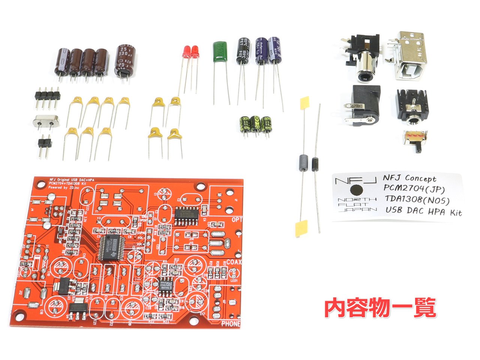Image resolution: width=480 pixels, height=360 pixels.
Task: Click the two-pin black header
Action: pyautogui.click(x=44, y=142)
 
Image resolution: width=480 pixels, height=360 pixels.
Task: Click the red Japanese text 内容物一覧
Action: pyautogui.click(x=380, y=308)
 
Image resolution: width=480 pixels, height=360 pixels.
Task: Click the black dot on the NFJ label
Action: pyautogui.click(x=357, y=189)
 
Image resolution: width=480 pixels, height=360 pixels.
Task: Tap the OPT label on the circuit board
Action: pyautogui.click(x=237, y=220)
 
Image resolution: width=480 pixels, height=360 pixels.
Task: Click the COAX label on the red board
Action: pyautogui.click(x=234, y=262)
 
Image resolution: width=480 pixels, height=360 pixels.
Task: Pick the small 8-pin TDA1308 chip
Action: pyautogui.click(x=165, y=285)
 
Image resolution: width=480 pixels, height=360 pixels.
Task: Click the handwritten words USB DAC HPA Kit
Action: pyautogui.click(x=423, y=211)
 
